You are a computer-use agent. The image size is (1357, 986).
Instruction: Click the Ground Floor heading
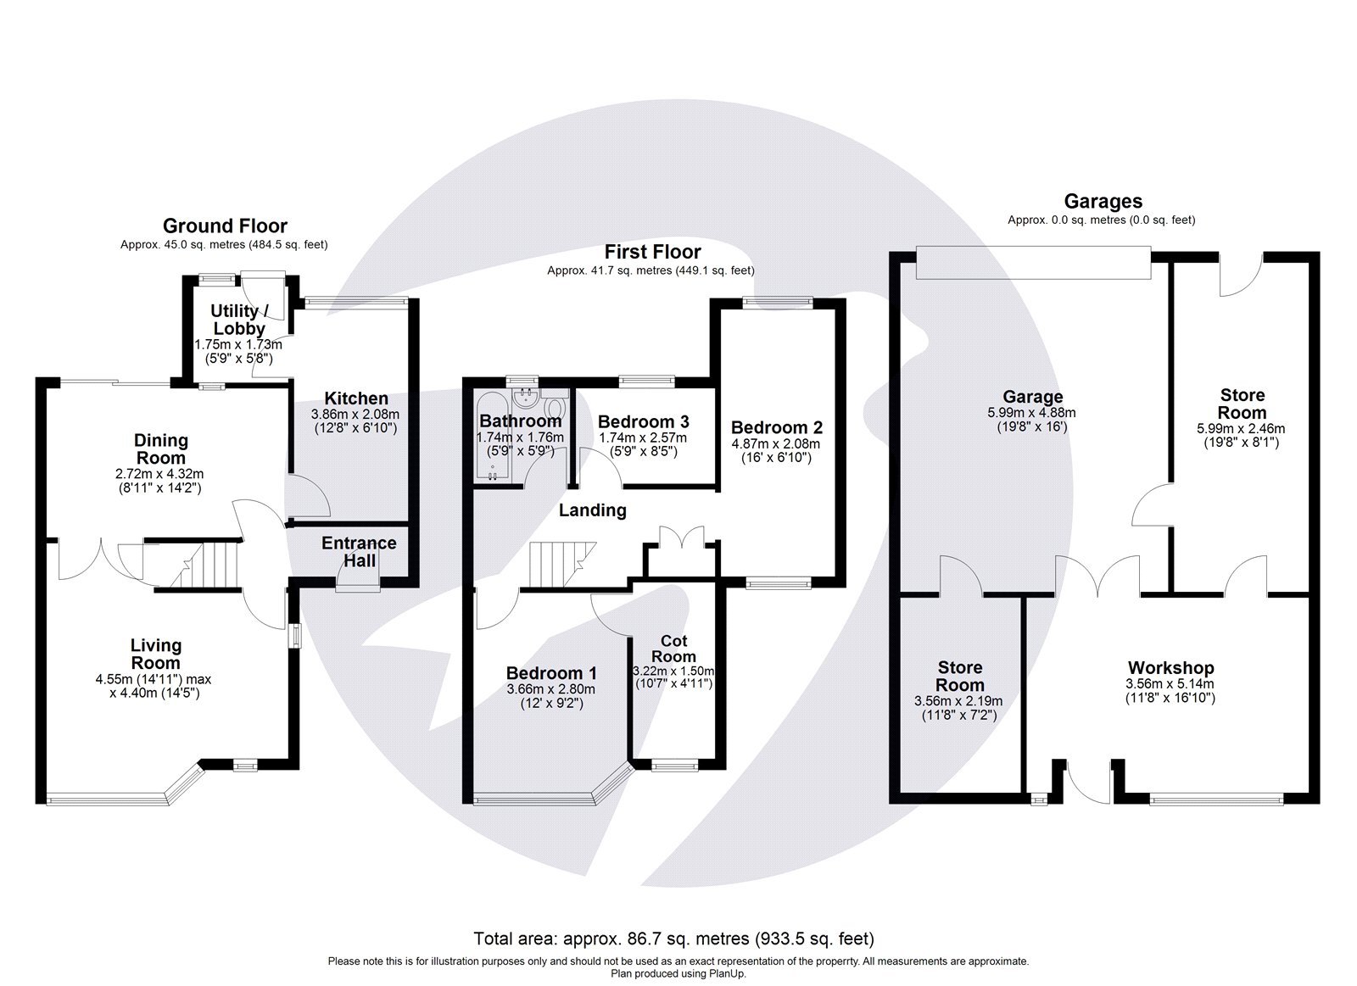click(225, 226)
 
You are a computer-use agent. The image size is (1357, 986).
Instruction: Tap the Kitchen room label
click(356, 398)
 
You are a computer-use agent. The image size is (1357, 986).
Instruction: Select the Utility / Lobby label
click(238, 320)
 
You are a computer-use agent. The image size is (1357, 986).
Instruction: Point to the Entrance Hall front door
click(358, 582)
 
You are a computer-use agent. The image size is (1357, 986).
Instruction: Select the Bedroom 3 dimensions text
click(643, 444)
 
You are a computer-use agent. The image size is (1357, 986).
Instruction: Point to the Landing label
click(592, 510)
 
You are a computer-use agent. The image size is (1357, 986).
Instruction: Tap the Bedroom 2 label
click(776, 427)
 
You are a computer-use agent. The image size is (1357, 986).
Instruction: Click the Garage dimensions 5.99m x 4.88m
click(1032, 421)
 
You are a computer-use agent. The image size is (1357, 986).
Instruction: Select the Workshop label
click(1170, 668)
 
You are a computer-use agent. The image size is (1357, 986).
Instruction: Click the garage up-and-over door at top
click(1033, 260)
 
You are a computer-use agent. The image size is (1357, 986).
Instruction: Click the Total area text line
click(673, 939)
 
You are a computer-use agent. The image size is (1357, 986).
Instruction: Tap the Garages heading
click(1103, 202)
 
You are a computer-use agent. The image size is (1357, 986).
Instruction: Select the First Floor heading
click(652, 252)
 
